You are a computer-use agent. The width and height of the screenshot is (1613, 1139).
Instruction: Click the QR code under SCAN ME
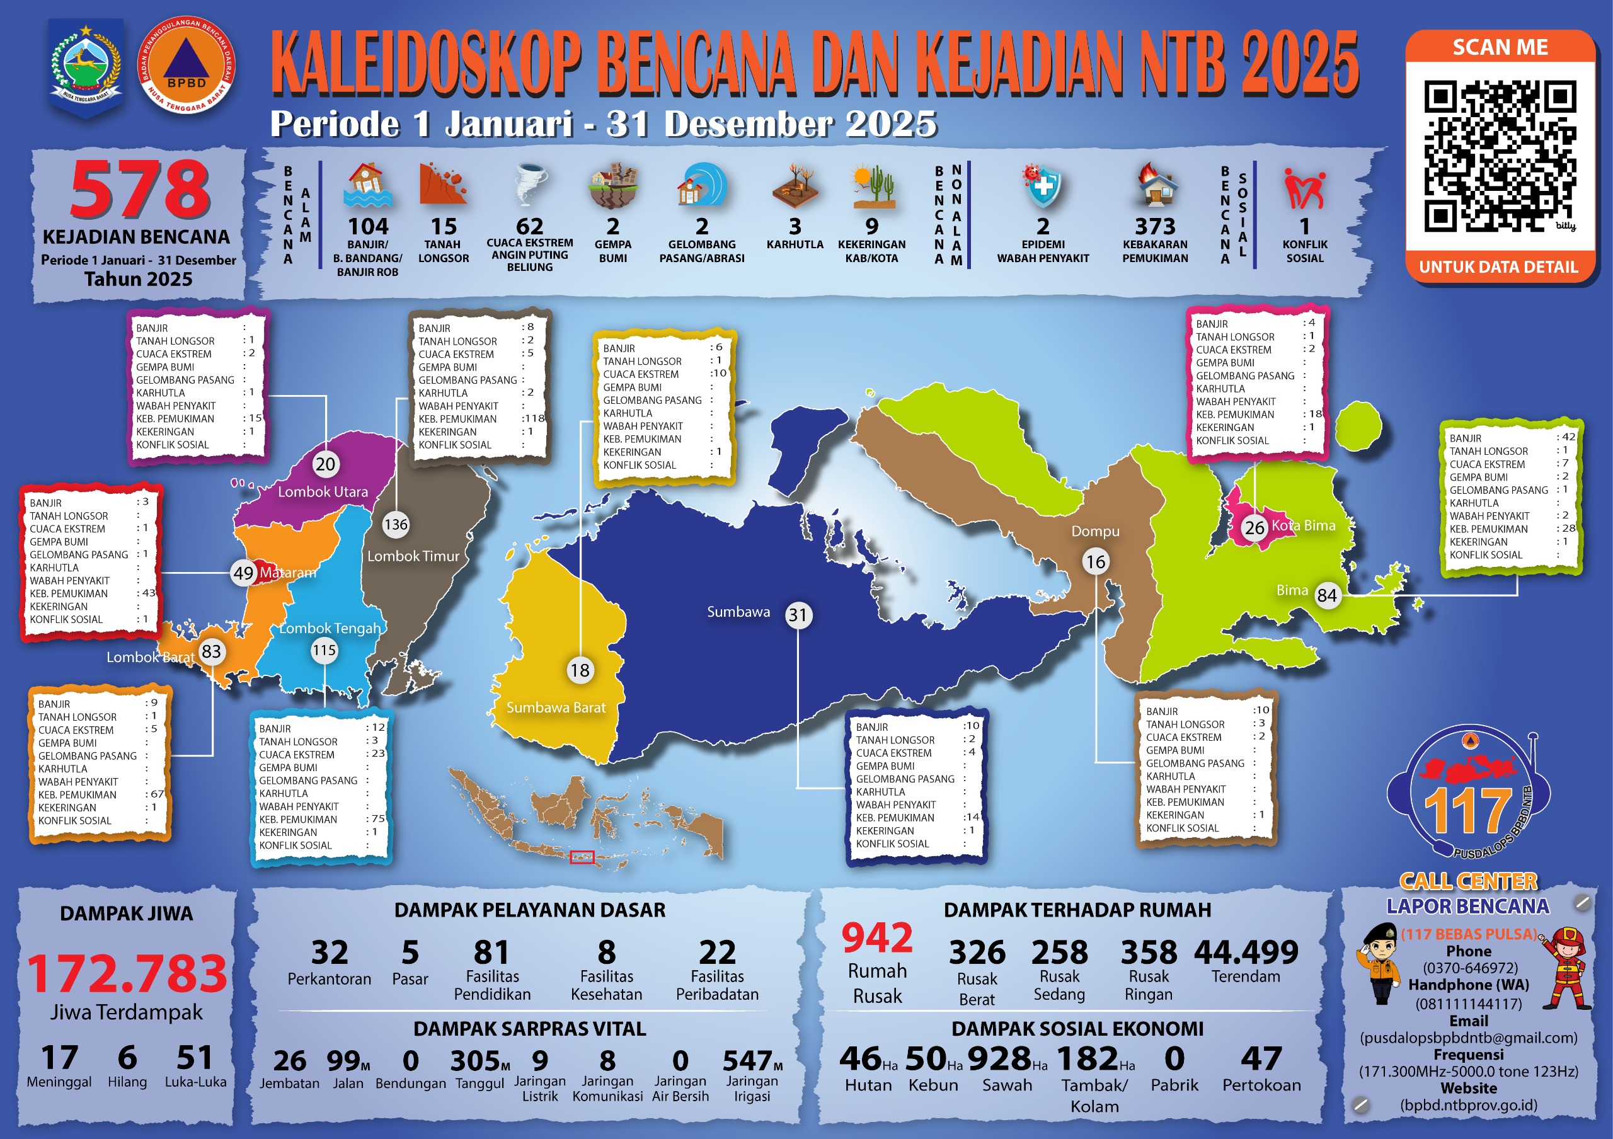coord(1500,156)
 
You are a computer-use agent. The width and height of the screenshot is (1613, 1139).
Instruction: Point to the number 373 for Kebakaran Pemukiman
coord(1155,226)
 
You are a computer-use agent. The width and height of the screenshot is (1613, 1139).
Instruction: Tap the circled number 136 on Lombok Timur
coord(396,525)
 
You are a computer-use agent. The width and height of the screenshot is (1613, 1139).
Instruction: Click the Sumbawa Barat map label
coord(556,707)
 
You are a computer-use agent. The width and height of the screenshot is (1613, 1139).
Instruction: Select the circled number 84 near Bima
coord(1326,595)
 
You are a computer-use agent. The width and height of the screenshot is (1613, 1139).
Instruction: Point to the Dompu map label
coord(1095,531)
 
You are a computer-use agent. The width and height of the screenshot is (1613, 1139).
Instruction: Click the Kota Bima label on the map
coord(1303,525)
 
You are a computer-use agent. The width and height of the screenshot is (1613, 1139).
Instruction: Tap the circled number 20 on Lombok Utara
coord(325,464)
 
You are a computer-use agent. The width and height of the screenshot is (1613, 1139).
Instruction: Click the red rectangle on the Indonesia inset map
coord(582,857)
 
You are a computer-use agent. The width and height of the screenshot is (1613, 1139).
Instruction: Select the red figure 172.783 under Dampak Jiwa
coord(127,974)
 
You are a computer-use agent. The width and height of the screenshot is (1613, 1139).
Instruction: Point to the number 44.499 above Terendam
coord(1246,952)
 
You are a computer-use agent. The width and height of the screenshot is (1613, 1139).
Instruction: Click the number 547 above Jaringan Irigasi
coord(747,1060)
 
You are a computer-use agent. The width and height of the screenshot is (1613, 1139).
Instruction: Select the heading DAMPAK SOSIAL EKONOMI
coord(1077,1029)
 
